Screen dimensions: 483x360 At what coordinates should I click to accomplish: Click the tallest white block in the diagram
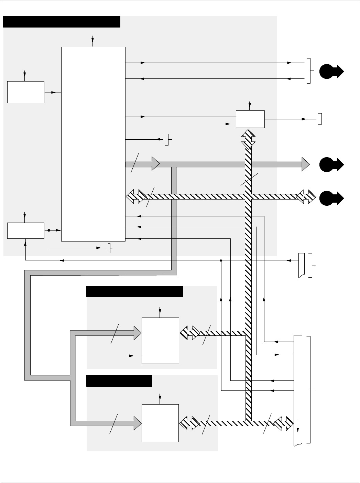93,144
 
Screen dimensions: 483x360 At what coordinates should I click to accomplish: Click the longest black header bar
62,21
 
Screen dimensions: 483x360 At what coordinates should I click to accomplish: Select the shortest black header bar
119,381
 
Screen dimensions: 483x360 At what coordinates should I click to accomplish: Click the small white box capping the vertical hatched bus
250,119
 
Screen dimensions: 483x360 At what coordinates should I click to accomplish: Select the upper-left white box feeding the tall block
26,92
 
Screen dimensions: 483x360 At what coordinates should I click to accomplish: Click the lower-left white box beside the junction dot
26,230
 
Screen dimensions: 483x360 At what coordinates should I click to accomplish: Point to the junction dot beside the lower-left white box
49,230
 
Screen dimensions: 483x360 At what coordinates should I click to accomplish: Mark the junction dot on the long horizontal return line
221,260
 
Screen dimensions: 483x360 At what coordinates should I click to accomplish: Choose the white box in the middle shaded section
160,341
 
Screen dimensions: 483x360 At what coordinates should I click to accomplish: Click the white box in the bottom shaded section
160,423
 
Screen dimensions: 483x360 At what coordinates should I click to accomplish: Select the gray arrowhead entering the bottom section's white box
137,422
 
